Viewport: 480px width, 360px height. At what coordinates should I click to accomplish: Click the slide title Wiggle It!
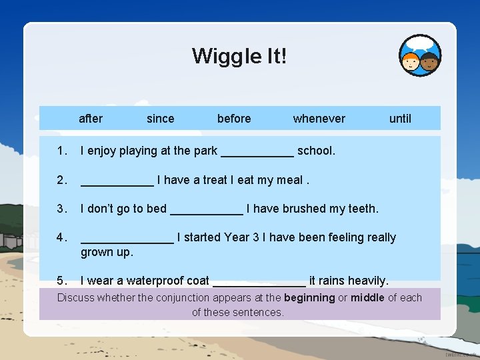click(x=239, y=55)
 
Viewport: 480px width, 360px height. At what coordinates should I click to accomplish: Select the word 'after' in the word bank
click(x=91, y=119)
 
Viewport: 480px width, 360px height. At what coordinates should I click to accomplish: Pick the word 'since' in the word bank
click(x=160, y=119)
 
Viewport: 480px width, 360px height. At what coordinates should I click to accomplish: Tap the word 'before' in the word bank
click(x=234, y=119)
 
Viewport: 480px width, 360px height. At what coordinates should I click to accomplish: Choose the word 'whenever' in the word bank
click(x=319, y=119)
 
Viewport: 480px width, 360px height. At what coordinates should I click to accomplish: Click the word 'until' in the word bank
click(x=400, y=119)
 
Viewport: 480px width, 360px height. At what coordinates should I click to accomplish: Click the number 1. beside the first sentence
click(x=63, y=151)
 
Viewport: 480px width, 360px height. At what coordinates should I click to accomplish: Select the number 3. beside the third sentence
click(x=63, y=209)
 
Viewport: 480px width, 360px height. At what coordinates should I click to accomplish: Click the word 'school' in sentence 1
click(x=315, y=151)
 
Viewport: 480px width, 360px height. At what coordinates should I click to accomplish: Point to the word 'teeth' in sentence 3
click(x=361, y=209)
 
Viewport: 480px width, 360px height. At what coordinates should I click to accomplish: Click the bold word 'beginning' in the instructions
click(x=309, y=297)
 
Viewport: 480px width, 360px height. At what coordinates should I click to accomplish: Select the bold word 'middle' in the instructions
click(x=367, y=297)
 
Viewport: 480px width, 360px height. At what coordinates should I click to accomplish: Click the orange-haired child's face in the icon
click(x=410, y=62)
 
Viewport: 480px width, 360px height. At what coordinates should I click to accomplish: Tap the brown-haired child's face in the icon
click(x=430, y=63)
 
